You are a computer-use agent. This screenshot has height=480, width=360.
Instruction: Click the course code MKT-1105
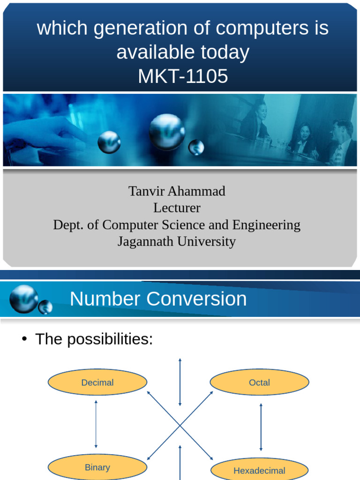[183, 76]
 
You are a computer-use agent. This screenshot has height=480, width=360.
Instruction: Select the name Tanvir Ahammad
[177, 191]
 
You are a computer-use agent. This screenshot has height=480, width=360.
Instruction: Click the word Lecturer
[177, 208]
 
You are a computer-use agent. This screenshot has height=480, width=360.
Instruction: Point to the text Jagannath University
[177, 241]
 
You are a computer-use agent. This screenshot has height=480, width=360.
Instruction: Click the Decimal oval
[97, 382]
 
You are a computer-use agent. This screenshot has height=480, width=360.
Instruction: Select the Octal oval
[259, 382]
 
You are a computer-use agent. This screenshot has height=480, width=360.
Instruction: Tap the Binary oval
[97, 467]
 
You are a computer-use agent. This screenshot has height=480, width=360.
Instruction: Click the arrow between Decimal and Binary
[96, 424]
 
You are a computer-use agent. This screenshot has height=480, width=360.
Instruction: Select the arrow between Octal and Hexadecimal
[261, 427]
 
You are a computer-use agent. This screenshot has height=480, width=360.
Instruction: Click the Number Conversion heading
[158, 299]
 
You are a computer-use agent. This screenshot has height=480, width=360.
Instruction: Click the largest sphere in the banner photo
[166, 132]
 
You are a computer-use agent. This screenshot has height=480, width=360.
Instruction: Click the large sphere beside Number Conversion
[23, 299]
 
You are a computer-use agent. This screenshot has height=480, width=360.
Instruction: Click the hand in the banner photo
[42, 131]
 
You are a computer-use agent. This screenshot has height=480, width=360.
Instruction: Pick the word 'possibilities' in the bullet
[110, 339]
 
